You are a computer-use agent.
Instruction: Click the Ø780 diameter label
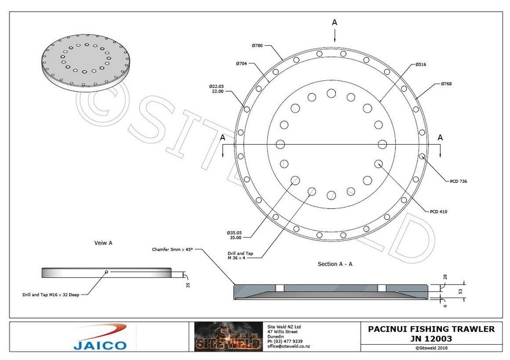tap(258, 46)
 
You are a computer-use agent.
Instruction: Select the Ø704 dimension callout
tap(242, 64)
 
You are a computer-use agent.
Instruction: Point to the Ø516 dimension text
tap(420, 64)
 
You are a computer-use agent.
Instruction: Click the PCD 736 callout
tap(458, 182)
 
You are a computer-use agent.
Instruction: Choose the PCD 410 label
tap(439, 212)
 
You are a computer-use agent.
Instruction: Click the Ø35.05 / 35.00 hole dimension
tap(234, 234)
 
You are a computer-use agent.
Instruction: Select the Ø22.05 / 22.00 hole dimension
tap(216, 89)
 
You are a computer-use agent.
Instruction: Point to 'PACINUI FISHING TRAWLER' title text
tap(432, 329)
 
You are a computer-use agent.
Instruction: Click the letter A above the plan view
tap(334, 22)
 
